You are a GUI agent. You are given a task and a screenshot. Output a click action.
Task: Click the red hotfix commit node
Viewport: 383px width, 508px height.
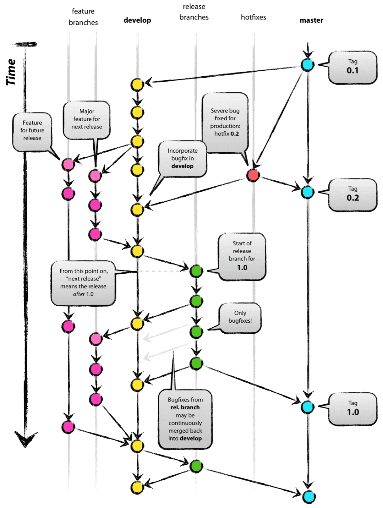click(x=253, y=175)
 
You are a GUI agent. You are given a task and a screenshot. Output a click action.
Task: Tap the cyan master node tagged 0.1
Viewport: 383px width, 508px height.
click(x=307, y=65)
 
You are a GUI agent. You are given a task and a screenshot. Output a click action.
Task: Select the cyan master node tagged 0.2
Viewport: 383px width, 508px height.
click(x=307, y=192)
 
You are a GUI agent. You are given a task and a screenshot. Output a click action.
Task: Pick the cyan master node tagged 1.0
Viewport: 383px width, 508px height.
click(x=307, y=407)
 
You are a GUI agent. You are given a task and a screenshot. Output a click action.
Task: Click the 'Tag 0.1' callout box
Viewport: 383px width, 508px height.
click(x=353, y=67)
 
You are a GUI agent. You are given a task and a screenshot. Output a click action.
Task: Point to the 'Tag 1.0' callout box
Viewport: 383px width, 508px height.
click(x=353, y=409)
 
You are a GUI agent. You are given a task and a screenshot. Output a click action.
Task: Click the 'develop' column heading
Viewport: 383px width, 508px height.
click(x=137, y=20)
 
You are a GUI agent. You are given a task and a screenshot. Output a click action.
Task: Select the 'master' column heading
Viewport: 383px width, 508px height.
click(x=311, y=20)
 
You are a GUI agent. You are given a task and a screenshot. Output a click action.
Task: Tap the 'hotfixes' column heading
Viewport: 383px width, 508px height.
click(x=253, y=17)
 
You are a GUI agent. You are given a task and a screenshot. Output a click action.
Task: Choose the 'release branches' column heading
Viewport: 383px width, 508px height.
click(x=194, y=12)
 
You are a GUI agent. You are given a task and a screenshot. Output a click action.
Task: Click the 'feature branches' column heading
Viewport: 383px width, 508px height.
click(x=83, y=17)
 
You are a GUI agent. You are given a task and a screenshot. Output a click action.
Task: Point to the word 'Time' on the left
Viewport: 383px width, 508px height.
click(x=11, y=72)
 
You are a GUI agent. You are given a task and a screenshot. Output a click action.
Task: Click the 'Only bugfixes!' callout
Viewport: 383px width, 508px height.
click(x=240, y=317)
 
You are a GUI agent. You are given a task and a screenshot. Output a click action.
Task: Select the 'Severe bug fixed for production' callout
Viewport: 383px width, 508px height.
click(x=225, y=122)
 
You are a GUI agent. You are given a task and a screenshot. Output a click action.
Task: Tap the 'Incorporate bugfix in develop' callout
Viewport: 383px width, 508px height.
click(x=182, y=158)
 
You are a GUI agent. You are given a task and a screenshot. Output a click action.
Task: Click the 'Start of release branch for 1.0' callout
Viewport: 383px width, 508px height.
click(x=242, y=256)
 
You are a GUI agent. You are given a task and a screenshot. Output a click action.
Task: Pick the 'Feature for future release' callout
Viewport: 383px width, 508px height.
click(x=32, y=131)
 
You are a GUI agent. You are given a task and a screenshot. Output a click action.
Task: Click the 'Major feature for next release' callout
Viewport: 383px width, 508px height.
click(x=87, y=119)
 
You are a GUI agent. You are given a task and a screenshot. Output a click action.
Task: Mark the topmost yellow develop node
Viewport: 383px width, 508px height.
click(x=137, y=84)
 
